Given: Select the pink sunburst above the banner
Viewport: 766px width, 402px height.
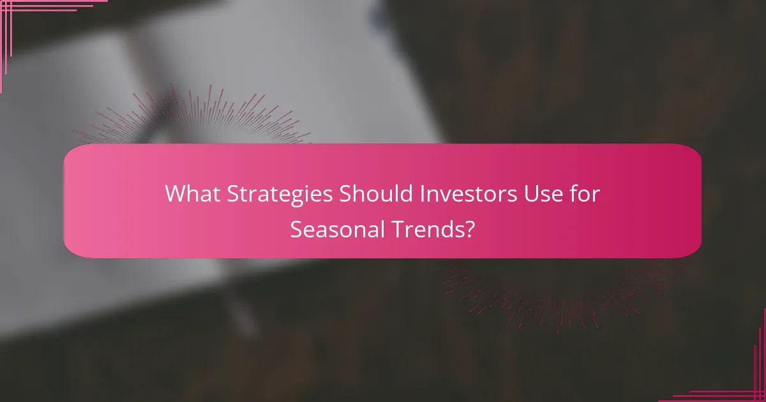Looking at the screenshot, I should coord(191,118).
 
